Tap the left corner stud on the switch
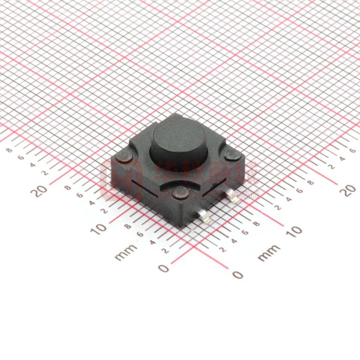[124, 156]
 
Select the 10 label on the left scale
[98, 228]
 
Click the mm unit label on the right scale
[269, 252]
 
